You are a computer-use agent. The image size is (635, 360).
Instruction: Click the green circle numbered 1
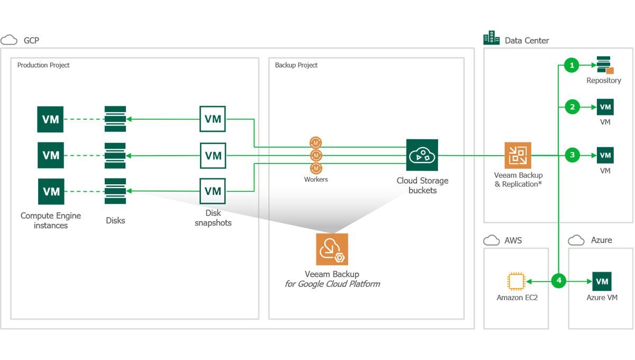571,66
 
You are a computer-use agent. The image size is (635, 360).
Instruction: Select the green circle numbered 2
571,107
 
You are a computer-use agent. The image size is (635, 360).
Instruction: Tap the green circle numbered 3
571,155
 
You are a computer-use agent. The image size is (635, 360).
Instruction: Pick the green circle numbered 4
559,281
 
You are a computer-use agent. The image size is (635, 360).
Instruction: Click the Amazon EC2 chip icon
516,281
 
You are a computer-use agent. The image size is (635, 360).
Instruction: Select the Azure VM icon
602,281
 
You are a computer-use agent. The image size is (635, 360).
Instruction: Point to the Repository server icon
604,65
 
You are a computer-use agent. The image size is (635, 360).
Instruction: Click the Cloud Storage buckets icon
422,155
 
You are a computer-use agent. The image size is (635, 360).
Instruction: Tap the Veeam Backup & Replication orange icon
518,155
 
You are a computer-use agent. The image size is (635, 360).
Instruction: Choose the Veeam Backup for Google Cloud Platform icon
332,249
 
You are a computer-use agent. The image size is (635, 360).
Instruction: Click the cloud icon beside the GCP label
9,40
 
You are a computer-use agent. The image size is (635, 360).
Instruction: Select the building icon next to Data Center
491,38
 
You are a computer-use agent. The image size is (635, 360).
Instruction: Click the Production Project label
43,65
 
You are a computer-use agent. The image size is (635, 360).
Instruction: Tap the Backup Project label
296,65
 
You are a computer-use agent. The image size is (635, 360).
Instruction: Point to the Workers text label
316,179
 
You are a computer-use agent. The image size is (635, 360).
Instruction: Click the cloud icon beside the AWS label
492,240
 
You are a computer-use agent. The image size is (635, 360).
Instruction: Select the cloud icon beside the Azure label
576,240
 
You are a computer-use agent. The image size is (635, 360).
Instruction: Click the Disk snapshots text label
213,218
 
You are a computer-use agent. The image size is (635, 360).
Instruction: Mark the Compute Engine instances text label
51,220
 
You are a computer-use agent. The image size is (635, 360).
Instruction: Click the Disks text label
115,220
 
